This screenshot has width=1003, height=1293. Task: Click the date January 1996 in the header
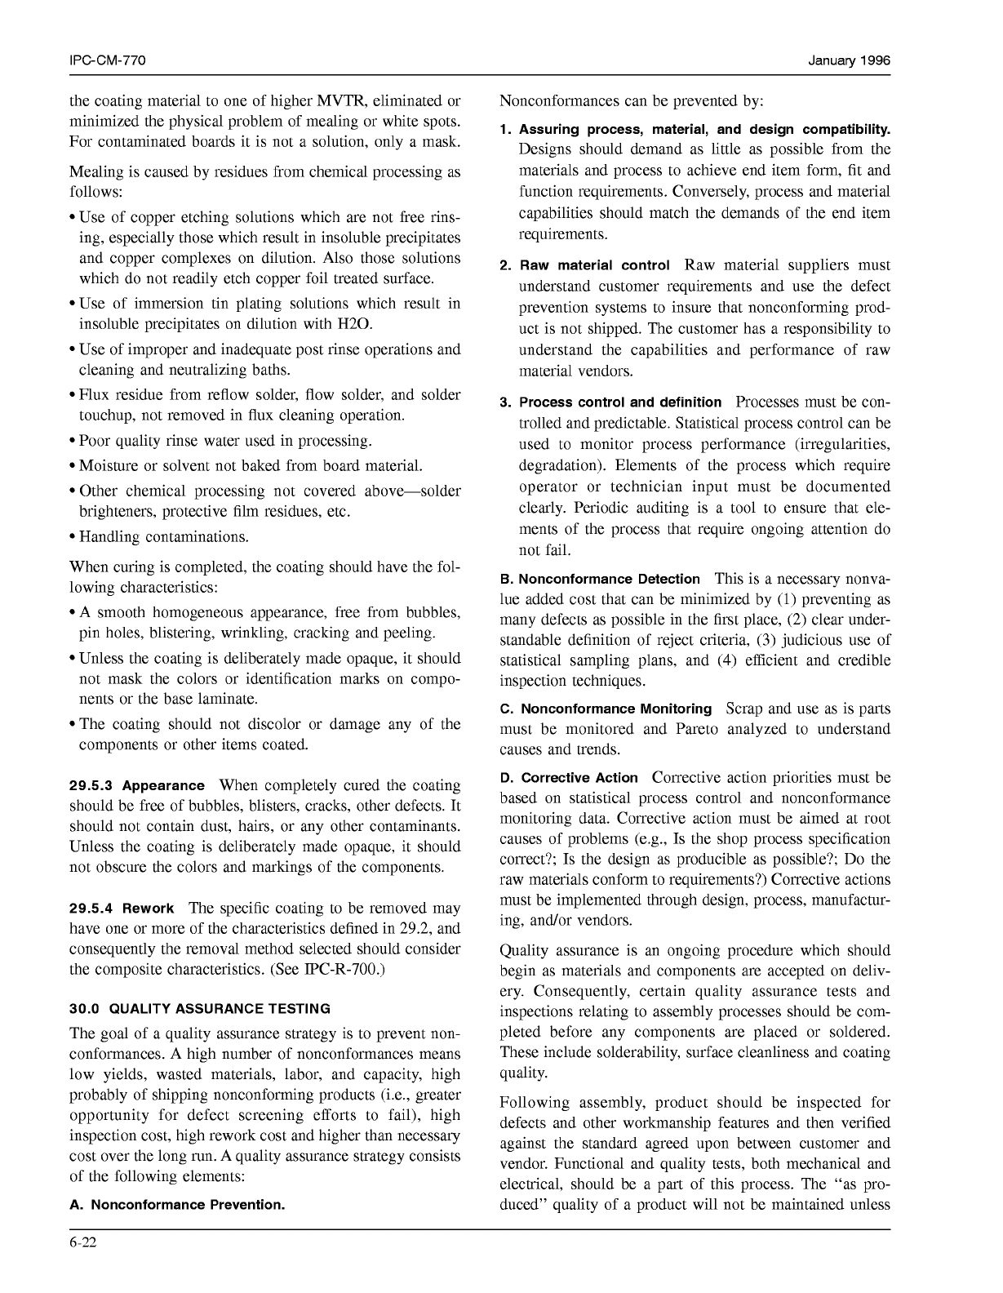[849, 61]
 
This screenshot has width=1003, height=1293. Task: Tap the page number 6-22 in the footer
[83, 1243]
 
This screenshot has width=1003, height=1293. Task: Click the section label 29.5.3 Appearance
[137, 785]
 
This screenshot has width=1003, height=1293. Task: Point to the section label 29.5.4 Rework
[122, 909]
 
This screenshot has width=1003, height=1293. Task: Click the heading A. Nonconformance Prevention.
[178, 1205]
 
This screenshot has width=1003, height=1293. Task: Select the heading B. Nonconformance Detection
[600, 579]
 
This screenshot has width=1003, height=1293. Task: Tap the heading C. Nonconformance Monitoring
[606, 709]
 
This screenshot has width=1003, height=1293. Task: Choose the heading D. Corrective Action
[569, 778]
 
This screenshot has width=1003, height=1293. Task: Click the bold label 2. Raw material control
[585, 265]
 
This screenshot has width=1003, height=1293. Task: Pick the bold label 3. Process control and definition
[610, 402]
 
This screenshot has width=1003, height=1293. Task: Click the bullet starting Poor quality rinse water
[224, 441]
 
